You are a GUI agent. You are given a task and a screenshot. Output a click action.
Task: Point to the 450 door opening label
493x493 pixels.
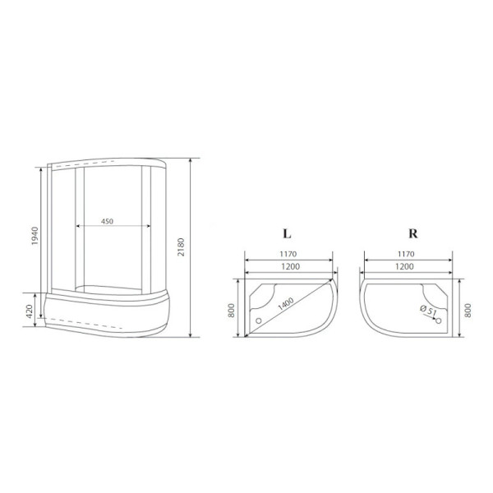coord(108,220)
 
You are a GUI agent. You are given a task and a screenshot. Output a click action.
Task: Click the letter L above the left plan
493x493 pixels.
coord(288,233)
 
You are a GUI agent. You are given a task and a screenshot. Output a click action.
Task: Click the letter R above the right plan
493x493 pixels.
coord(410,233)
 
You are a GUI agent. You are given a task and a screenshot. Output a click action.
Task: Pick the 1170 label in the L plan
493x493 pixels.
coord(288,254)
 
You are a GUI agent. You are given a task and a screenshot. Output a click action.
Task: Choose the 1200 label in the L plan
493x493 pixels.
coord(288,268)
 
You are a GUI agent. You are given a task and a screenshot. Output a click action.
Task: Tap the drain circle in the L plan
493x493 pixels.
coord(259,320)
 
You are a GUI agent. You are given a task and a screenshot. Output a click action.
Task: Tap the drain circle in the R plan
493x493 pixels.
coord(438,320)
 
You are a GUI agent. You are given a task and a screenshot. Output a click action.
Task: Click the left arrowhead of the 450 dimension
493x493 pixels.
coord(77,226)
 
